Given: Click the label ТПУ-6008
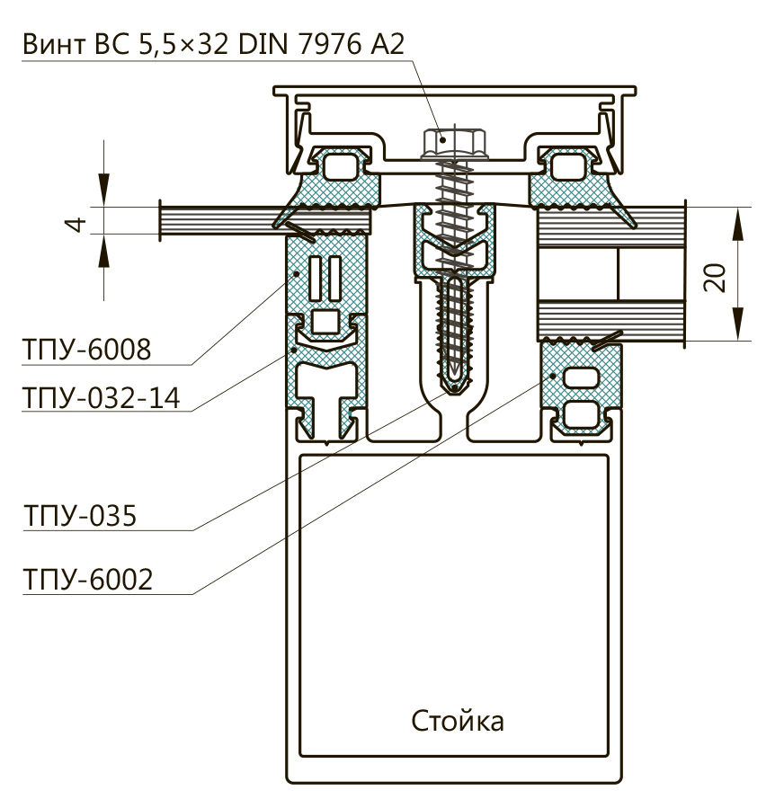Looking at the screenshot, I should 85,350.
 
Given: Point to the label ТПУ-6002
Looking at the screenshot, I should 87,580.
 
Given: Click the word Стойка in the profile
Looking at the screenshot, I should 458,721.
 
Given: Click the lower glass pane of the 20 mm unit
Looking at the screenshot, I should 611,320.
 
